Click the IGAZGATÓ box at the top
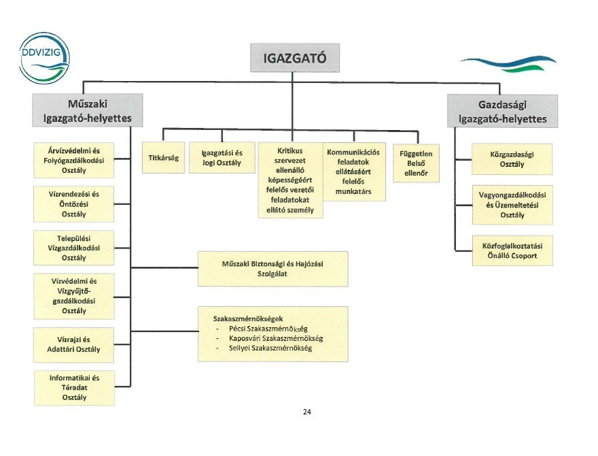(x=294, y=59)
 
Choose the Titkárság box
(x=163, y=158)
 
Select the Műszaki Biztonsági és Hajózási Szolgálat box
(x=272, y=268)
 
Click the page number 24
(x=307, y=412)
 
